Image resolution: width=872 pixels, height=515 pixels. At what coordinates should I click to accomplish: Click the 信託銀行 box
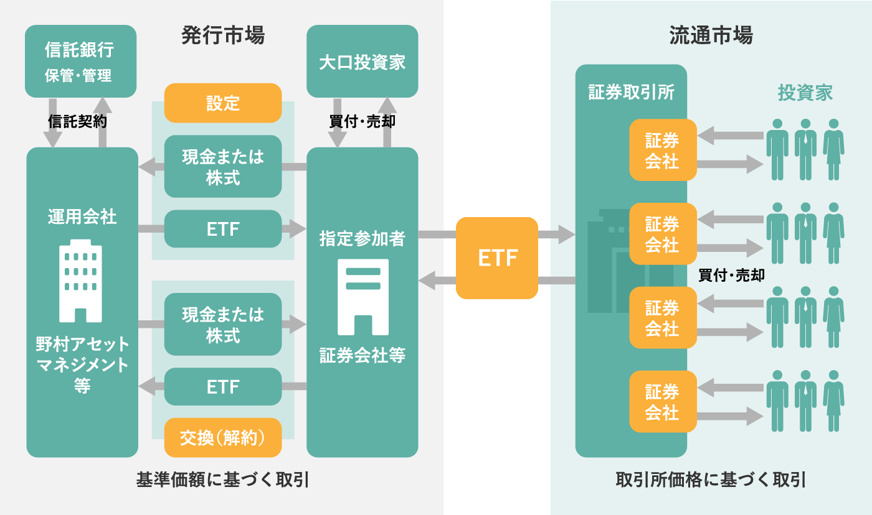point(80,61)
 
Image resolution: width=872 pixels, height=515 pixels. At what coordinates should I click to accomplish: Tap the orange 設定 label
point(223,103)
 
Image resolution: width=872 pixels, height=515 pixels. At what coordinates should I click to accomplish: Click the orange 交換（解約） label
point(223,438)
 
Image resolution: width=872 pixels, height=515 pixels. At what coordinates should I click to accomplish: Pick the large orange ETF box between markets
point(497,258)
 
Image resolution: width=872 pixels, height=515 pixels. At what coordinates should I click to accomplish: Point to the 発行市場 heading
point(223,35)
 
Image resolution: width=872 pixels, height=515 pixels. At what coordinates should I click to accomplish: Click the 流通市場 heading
point(711,35)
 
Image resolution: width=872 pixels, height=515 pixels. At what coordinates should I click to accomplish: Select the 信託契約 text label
point(77,122)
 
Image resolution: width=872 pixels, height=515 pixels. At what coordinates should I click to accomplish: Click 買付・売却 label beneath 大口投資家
point(362,122)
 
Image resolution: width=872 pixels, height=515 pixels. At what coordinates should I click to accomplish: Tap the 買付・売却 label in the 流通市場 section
point(731,276)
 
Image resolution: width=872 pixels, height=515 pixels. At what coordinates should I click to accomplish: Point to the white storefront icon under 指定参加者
point(363,297)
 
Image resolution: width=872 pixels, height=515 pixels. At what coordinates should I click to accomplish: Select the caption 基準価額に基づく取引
point(223,480)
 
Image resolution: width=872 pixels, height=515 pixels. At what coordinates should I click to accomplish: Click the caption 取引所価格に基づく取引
point(711,480)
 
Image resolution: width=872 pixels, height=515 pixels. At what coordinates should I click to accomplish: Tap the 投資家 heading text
point(805,93)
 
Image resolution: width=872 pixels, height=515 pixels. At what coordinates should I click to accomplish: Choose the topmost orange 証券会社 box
point(662,150)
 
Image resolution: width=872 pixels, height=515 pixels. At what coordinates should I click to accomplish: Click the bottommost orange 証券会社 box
point(662,401)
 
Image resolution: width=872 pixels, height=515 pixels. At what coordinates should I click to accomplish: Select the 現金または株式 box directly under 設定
point(223,167)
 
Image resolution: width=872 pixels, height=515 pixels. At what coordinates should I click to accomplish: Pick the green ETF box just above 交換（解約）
point(223,387)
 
